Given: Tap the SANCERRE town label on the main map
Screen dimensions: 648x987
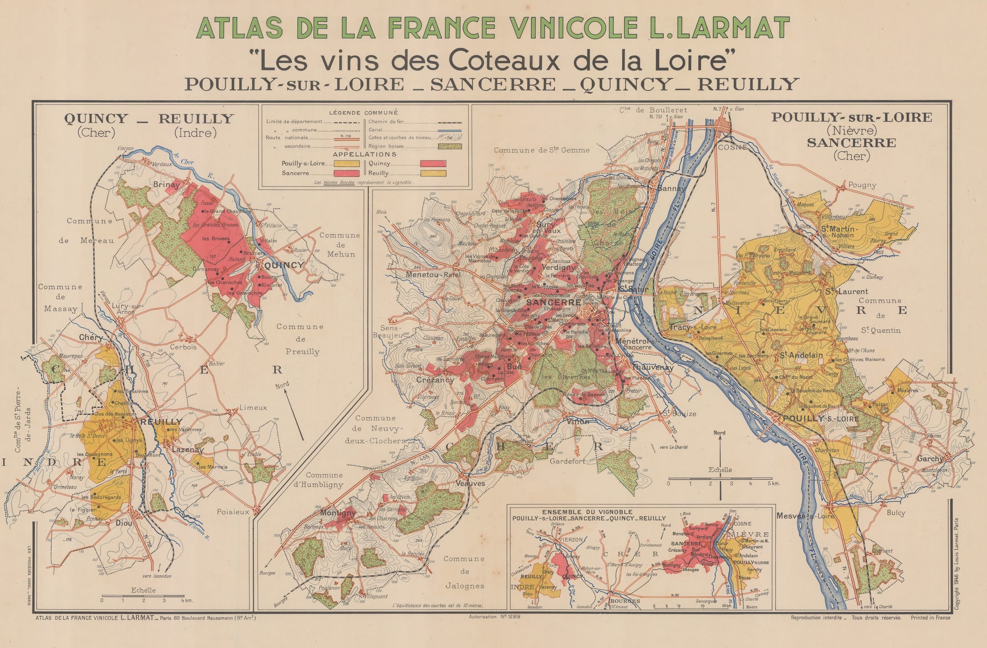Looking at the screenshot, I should click(x=554, y=303).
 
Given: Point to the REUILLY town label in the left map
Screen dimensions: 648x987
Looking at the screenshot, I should click(x=161, y=421).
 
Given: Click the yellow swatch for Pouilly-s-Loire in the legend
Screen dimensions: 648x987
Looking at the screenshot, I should click(x=347, y=163).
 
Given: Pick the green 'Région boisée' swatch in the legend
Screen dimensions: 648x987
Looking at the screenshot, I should click(x=449, y=146).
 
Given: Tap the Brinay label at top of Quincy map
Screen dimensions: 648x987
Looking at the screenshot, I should click(x=167, y=185).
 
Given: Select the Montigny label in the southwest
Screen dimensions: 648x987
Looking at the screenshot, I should click(x=338, y=513).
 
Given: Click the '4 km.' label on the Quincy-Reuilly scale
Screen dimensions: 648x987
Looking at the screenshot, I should click(x=187, y=600).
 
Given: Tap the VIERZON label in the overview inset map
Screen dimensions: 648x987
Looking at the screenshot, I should click(x=571, y=540).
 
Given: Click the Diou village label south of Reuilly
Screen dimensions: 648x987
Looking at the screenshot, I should click(x=124, y=523).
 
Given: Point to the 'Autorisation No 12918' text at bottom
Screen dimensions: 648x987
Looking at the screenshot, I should click(x=494, y=617).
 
